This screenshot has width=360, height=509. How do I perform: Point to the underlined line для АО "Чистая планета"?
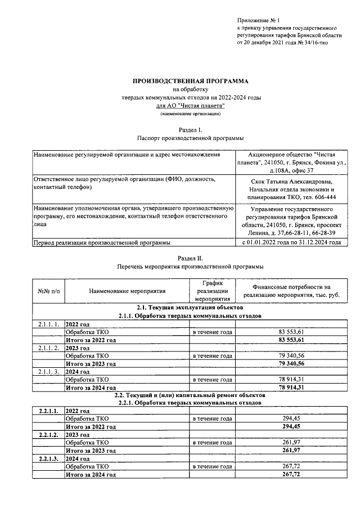(x=190, y=105)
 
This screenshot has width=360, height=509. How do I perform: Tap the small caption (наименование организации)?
(x=190, y=113)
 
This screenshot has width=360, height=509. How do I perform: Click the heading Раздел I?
(x=190, y=129)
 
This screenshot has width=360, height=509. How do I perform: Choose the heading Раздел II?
(x=190, y=257)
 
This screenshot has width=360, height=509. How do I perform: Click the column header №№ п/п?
(x=48, y=291)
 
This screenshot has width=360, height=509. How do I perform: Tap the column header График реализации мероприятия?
(x=213, y=291)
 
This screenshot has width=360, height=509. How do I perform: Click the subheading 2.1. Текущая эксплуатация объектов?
(x=190, y=308)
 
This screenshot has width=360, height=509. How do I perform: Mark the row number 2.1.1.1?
(x=48, y=325)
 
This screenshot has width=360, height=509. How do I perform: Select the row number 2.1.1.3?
(x=48, y=372)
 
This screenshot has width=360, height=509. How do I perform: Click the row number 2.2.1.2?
(x=48, y=435)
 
